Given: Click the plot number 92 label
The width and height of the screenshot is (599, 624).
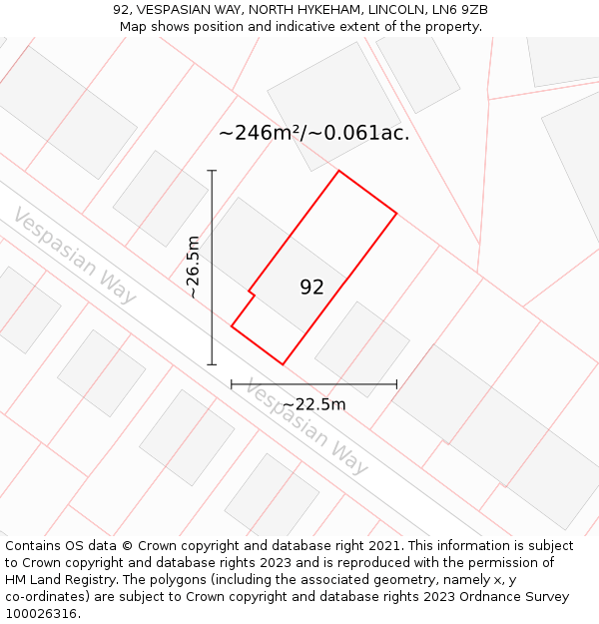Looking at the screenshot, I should pyautogui.click(x=311, y=288).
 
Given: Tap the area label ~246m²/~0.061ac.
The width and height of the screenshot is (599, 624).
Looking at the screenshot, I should pyautogui.click(x=313, y=133).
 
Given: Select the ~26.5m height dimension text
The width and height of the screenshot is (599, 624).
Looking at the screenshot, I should pyautogui.click(x=194, y=268).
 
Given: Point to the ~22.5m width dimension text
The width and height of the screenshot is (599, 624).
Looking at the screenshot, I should pyautogui.click(x=314, y=404).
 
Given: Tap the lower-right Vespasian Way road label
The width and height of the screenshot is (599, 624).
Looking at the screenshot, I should pyautogui.click(x=306, y=427).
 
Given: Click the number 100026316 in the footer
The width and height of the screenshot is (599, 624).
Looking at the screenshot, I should pyautogui.click(x=40, y=614).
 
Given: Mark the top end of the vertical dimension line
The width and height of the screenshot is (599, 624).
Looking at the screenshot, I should pyautogui.click(x=212, y=171).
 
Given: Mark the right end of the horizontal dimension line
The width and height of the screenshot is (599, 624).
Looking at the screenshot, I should pyautogui.click(x=397, y=383).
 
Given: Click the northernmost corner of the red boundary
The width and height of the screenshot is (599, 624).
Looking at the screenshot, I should pyautogui.click(x=339, y=171).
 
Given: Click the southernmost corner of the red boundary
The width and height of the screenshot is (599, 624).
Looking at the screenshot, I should pyautogui.click(x=283, y=364).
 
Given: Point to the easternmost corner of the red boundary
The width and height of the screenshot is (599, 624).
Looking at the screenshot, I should pyautogui.click(x=397, y=214).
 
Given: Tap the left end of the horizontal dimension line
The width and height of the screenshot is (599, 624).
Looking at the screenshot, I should pyautogui.click(x=232, y=383).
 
